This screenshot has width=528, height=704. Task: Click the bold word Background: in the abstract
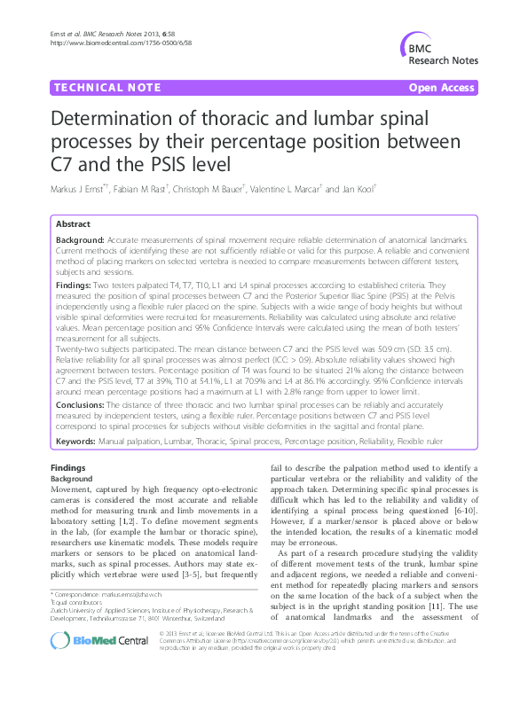pos(80,240)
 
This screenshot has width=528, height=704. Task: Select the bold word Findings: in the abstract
pos(75,286)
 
